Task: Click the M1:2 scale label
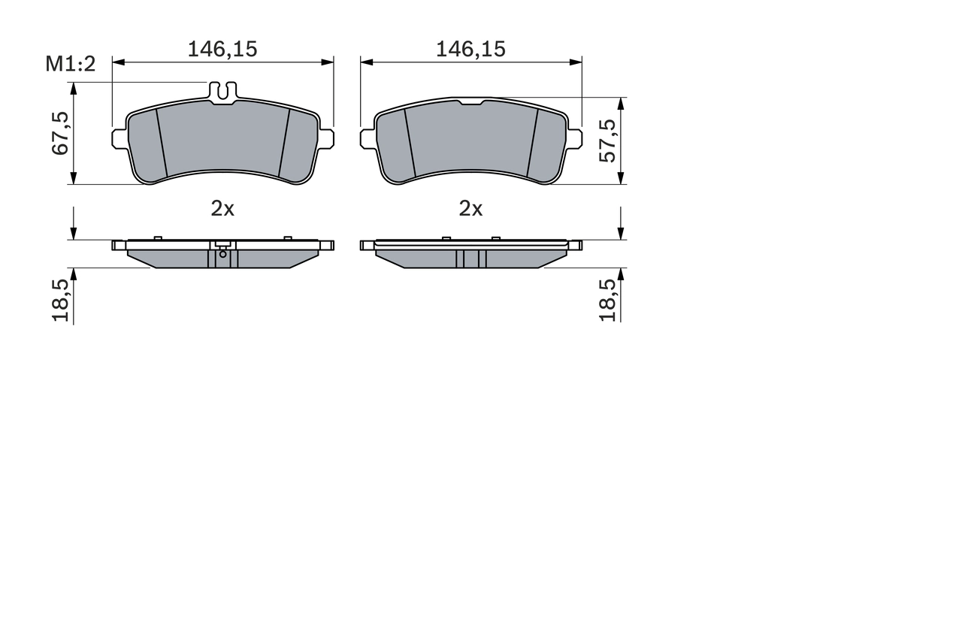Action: coord(71,65)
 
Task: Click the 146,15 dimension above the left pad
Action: coord(222,50)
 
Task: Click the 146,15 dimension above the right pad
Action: coord(471,50)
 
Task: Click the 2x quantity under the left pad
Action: coord(222,209)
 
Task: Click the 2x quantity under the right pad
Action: coord(470,209)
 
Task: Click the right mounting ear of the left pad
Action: coord(326,138)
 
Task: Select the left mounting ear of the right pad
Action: coord(368,138)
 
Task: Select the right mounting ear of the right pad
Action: coord(574,138)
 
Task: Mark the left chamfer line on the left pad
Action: coord(162,143)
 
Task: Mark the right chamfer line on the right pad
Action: coord(532,143)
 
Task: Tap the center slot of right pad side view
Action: coord(471,259)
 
